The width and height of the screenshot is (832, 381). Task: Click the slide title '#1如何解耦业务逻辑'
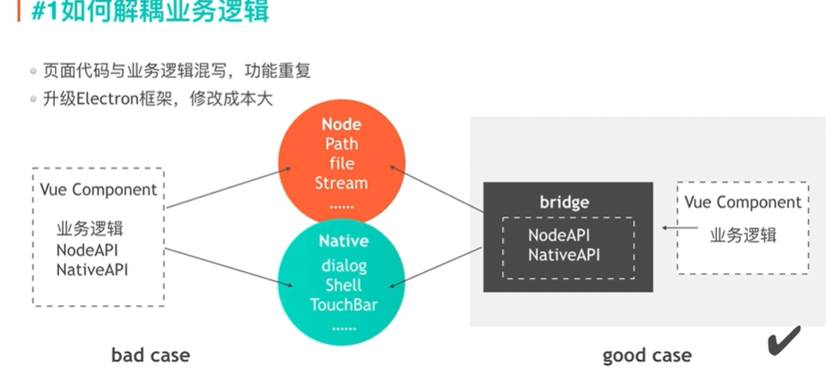[150, 13]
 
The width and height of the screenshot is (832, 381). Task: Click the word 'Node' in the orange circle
[341, 124]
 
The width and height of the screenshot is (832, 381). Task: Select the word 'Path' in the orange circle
[341, 143]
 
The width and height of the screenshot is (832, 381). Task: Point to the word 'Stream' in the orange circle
[341, 183]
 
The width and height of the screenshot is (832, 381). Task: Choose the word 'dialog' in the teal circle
[343, 266]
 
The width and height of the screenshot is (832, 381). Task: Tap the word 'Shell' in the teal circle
[343, 285]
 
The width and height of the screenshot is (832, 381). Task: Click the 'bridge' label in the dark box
[564, 203]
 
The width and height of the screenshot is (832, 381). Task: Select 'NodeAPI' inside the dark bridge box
[559, 235]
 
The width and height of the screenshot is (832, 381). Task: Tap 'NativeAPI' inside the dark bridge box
[563, 254]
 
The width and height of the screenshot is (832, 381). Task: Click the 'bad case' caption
[150, 354]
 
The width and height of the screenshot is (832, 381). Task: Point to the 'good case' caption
[647, 354]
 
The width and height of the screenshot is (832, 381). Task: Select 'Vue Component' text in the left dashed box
[99, 190]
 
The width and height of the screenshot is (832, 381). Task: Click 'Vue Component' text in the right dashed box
[743, 203]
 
